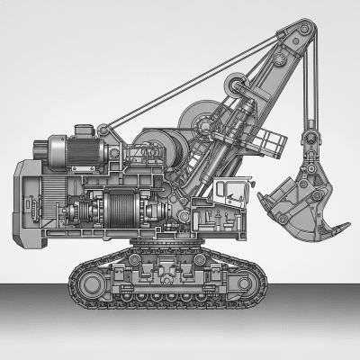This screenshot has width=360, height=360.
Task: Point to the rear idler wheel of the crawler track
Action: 90,284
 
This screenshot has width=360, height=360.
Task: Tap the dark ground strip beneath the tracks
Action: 180,333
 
